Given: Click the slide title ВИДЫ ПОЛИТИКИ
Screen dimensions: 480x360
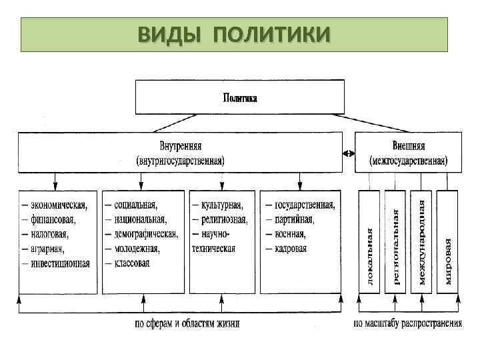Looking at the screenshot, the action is tap(233, 33).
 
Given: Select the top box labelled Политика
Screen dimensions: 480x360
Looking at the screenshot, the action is tap(240, 97).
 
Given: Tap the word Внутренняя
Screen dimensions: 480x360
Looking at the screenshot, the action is tap(181, 145).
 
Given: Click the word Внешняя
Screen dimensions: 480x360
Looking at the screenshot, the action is tap(409, 145).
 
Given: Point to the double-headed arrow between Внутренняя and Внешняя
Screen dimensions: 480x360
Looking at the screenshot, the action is tap(348, 153).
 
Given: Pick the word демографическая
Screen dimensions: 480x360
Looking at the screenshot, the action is tap(145, 234).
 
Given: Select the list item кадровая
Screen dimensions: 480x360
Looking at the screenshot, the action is tap(291, 249).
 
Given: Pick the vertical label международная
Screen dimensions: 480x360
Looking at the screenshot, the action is tap(422, 238).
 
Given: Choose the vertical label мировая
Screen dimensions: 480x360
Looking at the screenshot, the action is tap(448, 260).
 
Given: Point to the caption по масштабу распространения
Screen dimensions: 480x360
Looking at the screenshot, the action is tap(407, 324).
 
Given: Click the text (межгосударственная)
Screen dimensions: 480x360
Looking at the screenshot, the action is tap(409, 161).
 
